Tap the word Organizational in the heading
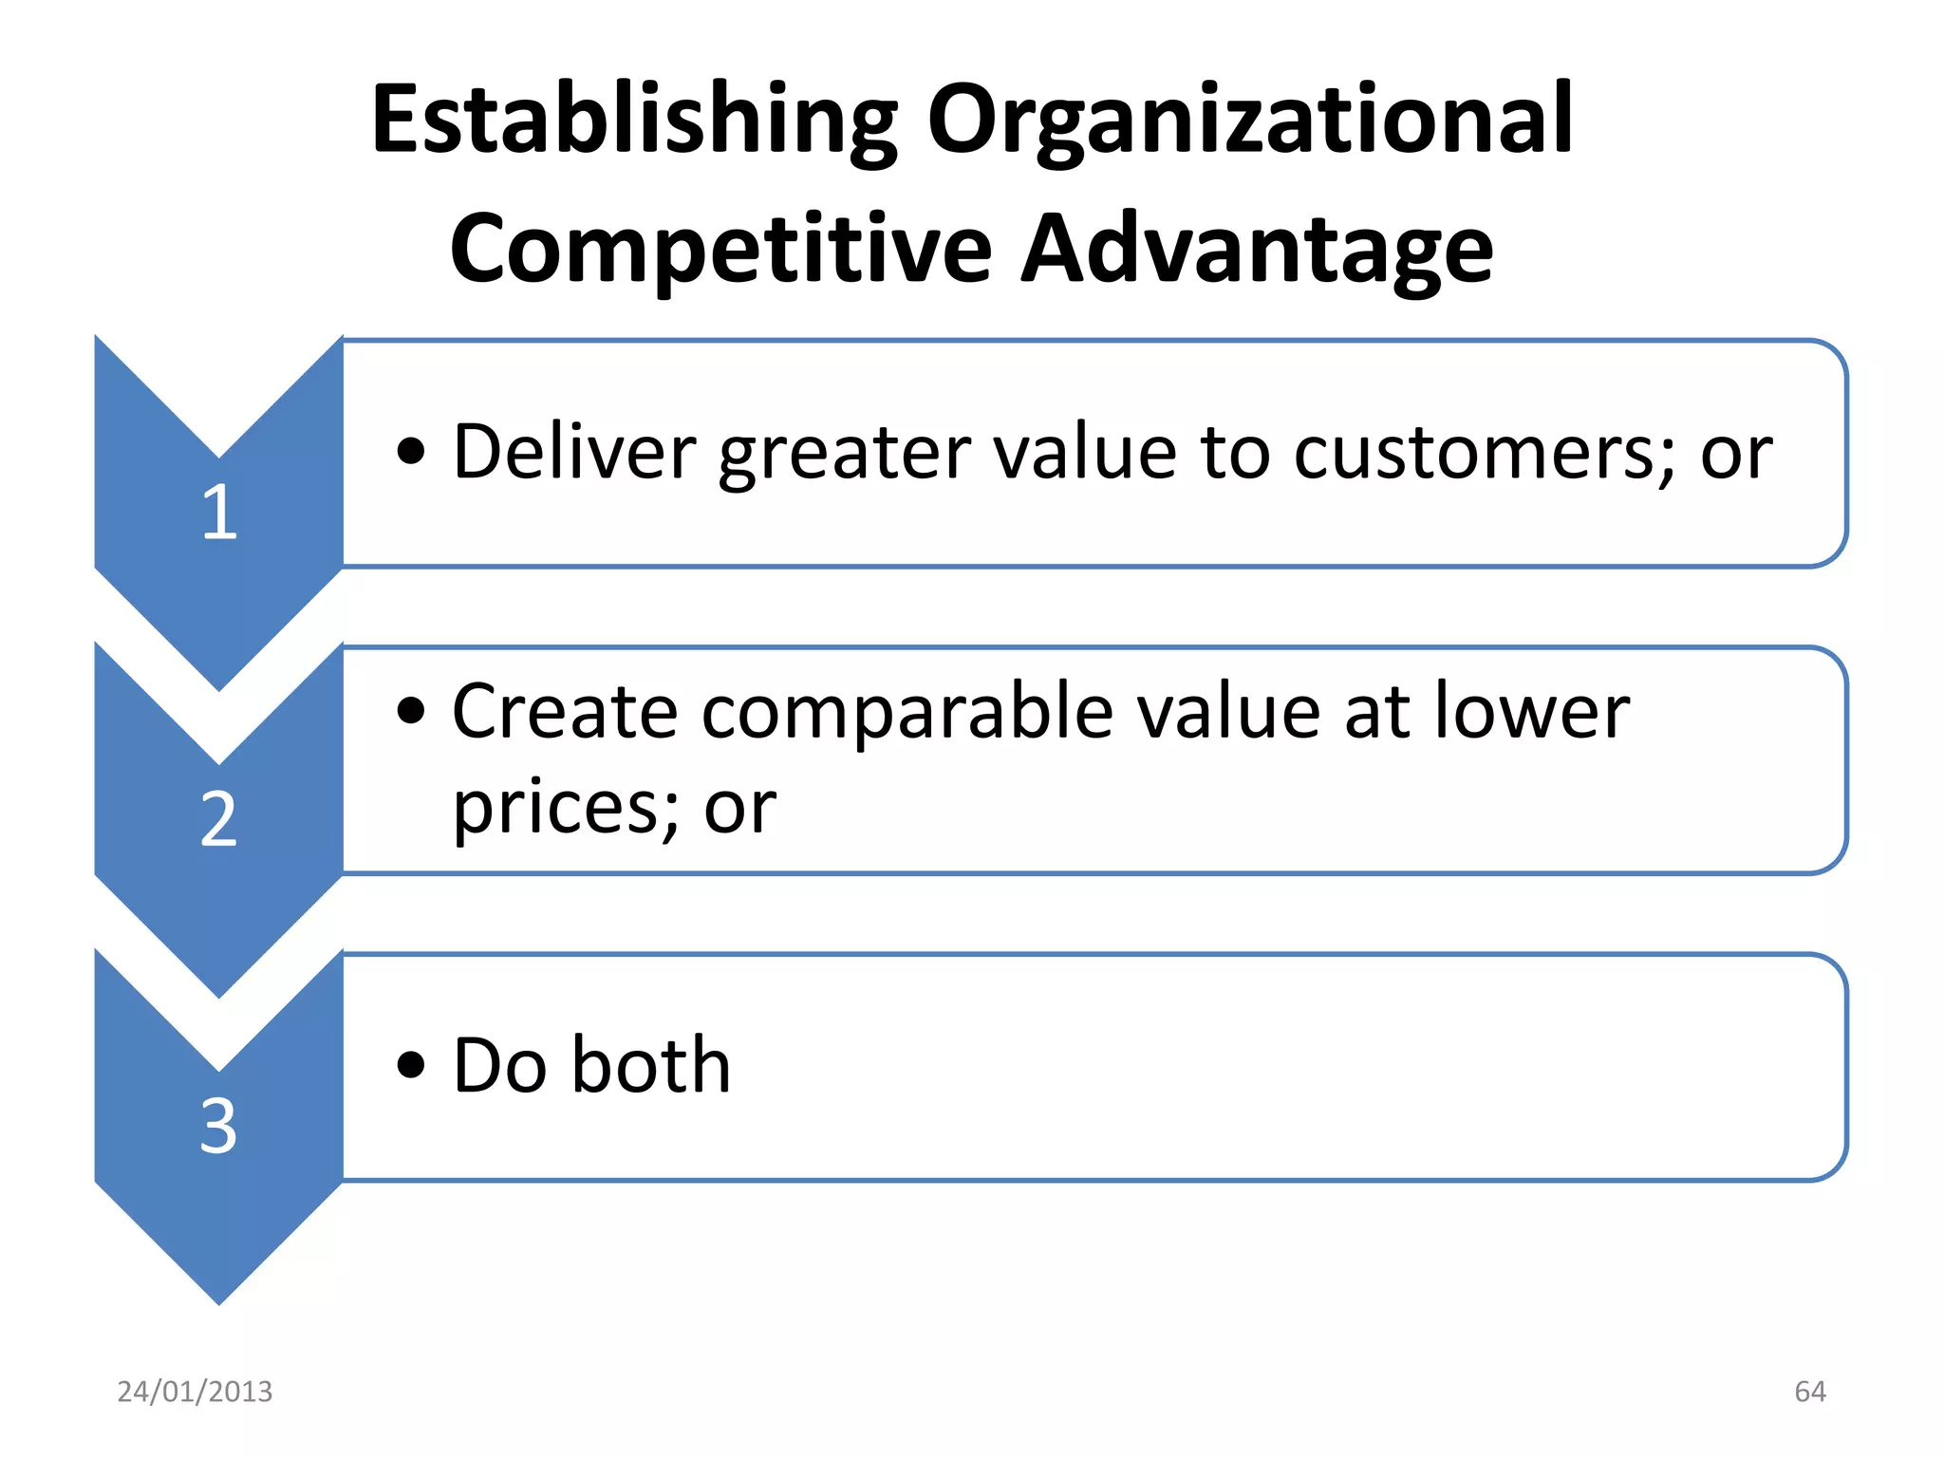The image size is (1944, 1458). click(x=1251, y=121)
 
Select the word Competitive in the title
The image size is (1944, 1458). click(x=720, y=249)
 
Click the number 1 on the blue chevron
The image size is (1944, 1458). click(x=219, y=513)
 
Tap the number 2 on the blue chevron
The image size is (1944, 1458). click(x=219, y=819)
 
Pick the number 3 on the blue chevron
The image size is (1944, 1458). click(x=219, y=1127)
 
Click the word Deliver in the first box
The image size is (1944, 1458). click(x=574, y=451)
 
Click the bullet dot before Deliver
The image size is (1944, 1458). click(x=411, y=453)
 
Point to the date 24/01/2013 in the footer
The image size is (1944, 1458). click(x=195, y=1392)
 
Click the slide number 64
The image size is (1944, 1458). click(x=1809, y=1392)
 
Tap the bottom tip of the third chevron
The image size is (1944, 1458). click(x=219, y=1301)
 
